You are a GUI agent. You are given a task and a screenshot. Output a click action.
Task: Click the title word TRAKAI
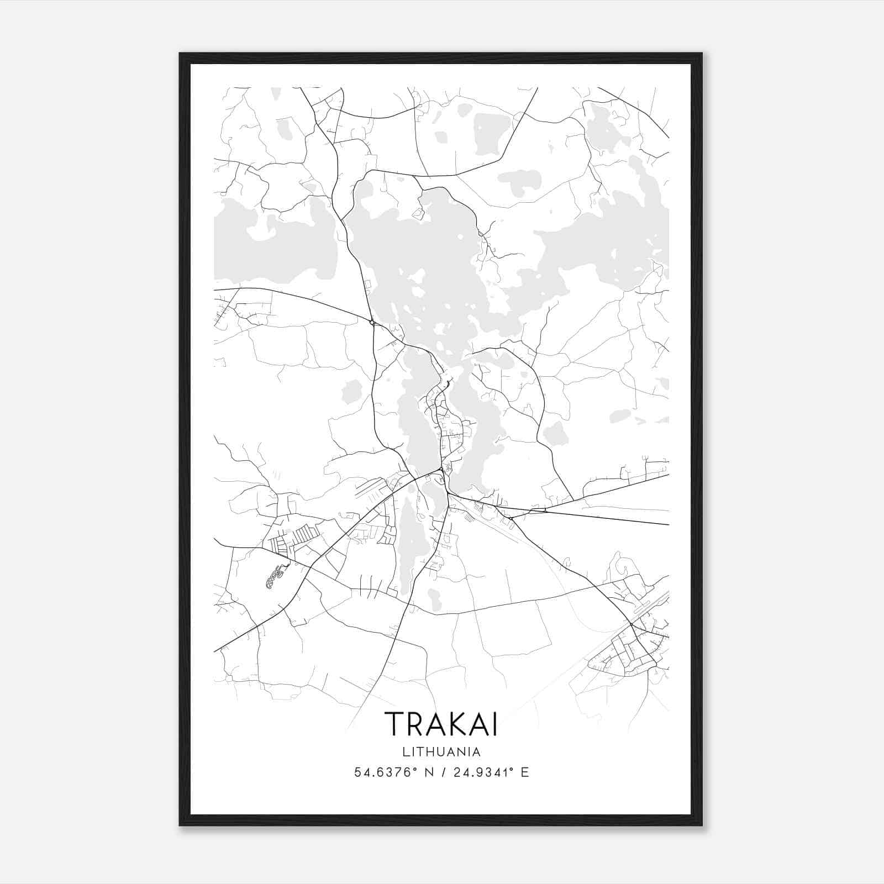441,724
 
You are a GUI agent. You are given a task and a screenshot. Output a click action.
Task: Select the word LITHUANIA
441,752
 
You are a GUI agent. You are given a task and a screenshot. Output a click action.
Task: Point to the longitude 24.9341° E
491,772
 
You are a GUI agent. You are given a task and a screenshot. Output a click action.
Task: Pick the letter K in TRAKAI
449,724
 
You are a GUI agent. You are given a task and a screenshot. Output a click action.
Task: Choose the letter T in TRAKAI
394,724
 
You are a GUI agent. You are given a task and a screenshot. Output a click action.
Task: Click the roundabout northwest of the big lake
372,322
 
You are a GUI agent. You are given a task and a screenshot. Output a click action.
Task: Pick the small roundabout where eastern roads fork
512,518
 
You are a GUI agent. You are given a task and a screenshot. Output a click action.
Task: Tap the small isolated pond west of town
351,391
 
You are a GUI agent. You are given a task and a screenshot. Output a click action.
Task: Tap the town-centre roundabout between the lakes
440,470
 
